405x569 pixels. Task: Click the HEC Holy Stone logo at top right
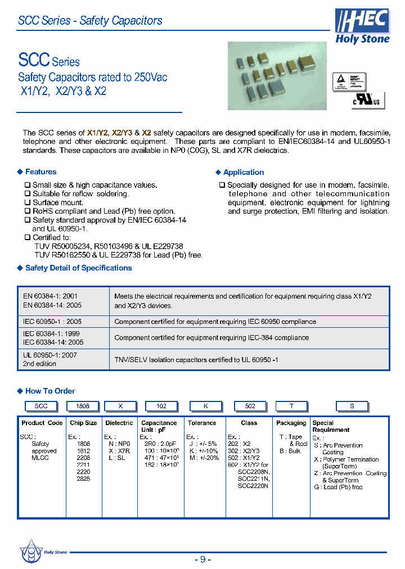click(x=362, y=26)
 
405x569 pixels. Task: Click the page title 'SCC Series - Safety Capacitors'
click(x=90, y=21)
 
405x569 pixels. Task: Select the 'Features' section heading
click(x=40, y=172)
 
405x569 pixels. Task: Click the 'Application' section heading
click(x=243, y=173)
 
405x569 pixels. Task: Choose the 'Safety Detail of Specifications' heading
click(x=78, y=268)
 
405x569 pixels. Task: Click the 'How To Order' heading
click(x=49, y=391)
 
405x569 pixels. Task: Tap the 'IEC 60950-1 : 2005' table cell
click(x=52, y=322)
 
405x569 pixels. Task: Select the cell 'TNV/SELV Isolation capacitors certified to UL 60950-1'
click(x=196, y=359)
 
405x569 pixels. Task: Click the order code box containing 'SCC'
click(x=41, y=406)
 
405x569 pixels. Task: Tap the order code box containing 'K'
click(x=205, y=406)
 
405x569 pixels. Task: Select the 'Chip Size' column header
click(x=83, y=423)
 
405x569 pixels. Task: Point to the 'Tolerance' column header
click(x=202, y=423)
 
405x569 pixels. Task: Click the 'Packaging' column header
click(x=291, y=423)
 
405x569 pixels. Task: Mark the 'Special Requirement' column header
click(x=331, y=426)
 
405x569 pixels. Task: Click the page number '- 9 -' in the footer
click(x=202, y=559)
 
